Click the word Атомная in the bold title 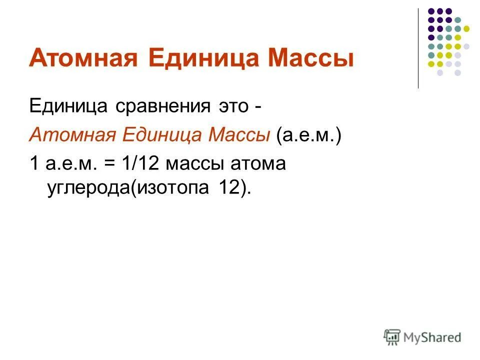83,59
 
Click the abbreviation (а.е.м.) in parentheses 307,135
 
